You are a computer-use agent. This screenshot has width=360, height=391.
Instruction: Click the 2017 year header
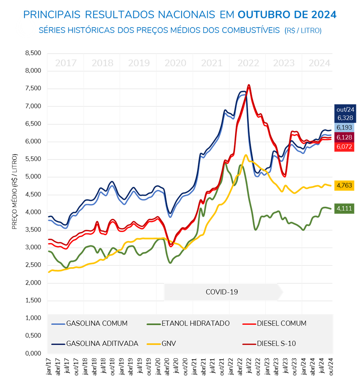[x=66, y=63]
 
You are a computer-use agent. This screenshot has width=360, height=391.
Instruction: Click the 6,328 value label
[x=345, y=118]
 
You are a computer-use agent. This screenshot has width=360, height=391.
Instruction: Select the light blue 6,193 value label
[x=345, y=127]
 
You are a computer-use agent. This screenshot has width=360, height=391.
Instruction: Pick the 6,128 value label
[x=345, y=137]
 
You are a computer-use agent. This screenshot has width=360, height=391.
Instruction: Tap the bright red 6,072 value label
[x=345, y=147]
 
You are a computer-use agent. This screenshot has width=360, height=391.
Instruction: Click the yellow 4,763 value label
[x=345, y=186]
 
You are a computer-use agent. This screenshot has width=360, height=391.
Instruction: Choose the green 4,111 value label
[x=345, y=209]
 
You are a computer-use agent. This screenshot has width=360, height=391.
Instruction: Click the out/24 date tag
[x=345, y=109]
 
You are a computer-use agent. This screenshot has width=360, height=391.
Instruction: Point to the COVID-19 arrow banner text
[x=222, y=292]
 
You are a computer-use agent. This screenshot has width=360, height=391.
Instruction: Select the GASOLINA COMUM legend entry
[x=97, y=324]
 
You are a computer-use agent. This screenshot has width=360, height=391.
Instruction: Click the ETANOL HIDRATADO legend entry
[x=195, y=324]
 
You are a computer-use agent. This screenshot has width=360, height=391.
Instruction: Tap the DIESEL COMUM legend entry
[x=281, y=324]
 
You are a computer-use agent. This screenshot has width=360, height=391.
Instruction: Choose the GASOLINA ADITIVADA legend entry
[x=102, y=343]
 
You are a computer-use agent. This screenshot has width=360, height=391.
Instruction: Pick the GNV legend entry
[x=169, y=343]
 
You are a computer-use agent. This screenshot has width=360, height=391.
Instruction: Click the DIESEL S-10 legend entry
[x=276, y=343]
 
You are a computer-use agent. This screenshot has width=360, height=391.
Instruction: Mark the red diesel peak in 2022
[x=248, y=85]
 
